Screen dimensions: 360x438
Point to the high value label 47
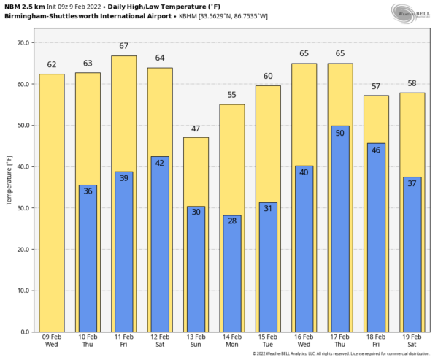[x=196, y=129]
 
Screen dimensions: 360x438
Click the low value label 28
[x=231, y=221]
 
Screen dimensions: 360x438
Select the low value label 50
[x=339, y=133]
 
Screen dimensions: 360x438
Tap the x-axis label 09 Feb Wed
[x=52, y=341]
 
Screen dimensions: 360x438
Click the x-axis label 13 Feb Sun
[x=196, y=341]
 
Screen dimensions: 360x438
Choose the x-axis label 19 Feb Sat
[x=412, y=341]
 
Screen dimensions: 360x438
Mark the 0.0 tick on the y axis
[x=24, y=332]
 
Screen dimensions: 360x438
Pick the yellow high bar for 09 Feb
[x=52, y=204]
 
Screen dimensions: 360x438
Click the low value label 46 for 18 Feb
[x=376, y=150]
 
